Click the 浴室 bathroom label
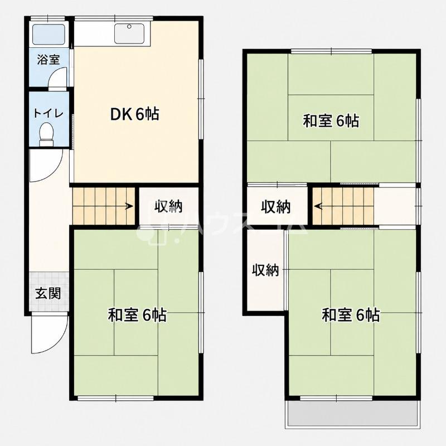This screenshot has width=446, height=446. coord(49,60)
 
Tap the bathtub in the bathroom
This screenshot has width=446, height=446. coord(49,35)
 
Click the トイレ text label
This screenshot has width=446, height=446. coord(49,113)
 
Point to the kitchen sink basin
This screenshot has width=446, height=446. coord(129,33)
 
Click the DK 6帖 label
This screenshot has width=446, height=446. coord(134,114)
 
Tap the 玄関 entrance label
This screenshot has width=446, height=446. coord(48,293)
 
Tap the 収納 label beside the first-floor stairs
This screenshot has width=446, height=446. coord(168,206)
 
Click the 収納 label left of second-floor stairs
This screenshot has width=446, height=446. coord(276,207)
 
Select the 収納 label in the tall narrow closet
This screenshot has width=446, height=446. coord(266,270)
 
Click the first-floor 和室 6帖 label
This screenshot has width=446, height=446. coord(137,315)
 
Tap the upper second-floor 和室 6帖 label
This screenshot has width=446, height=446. coord(331,121)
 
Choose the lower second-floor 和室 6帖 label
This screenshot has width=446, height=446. coord(351,315)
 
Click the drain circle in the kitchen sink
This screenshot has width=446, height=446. coord(129,26)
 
